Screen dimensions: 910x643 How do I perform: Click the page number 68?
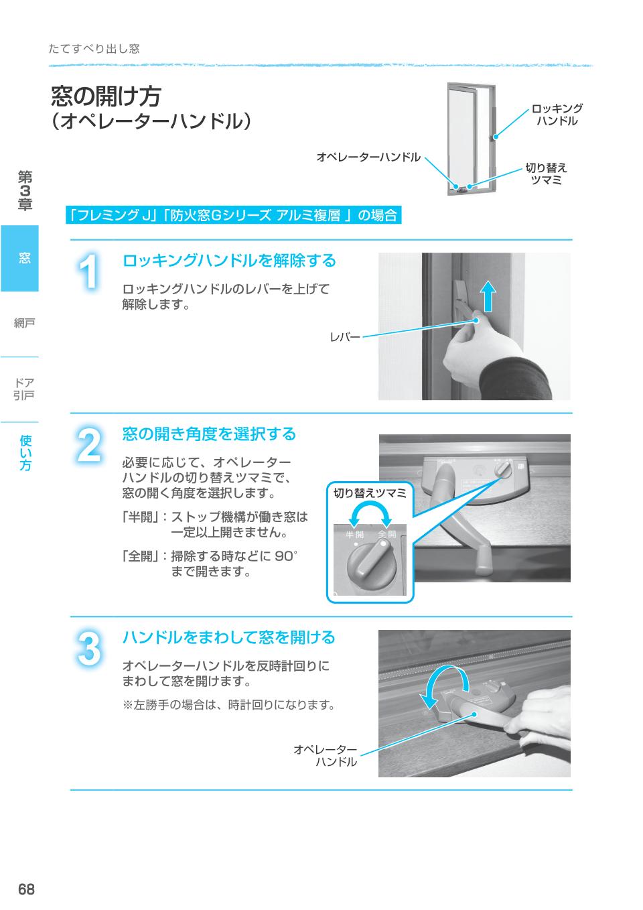coord(26,889)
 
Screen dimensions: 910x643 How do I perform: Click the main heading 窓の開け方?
coord(106,96)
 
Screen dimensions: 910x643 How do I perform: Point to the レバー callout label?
coord(344,338)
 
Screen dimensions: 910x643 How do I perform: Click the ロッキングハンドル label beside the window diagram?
coord(557,115)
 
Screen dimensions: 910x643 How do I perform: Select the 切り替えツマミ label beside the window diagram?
coord(546,174)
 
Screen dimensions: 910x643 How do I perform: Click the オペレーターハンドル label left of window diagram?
coord(368,157)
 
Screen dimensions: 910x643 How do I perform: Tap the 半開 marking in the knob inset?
coord(355,535)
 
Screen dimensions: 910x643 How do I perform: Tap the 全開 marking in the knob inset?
coord(386,535)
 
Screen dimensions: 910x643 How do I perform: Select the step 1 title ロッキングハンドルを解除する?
coord(228,261)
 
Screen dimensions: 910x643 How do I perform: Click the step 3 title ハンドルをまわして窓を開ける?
coord(228,637)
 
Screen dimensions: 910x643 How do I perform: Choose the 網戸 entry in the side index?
coord(24,324)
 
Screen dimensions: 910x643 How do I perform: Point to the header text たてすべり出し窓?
coord(94,49)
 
